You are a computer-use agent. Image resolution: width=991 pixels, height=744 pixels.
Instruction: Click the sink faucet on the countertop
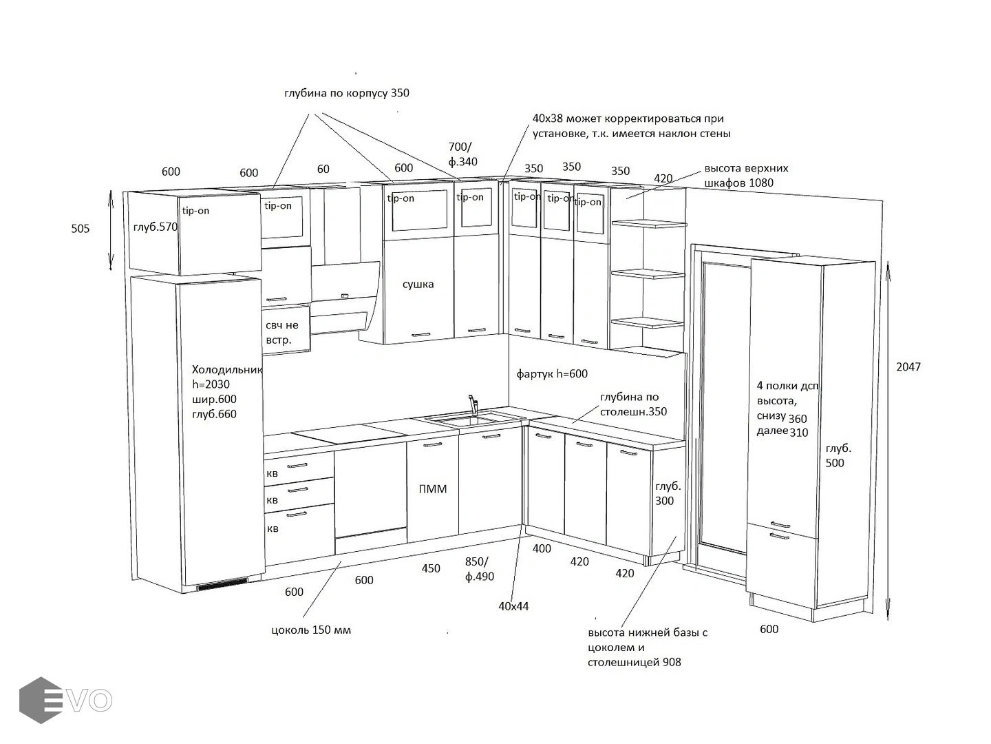[473, 405]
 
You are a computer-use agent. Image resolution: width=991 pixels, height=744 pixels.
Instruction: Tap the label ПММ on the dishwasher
[433, 489]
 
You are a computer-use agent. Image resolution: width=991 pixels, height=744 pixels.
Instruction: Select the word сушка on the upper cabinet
[418, 284]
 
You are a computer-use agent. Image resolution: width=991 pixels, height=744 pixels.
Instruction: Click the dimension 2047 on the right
[908, 367]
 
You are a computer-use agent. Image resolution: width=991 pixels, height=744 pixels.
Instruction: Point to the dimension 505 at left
[81, 229]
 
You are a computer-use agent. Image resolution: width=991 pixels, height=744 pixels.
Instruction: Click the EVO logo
[66, 700]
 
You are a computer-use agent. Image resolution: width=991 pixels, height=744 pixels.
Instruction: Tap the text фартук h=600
[552, 374]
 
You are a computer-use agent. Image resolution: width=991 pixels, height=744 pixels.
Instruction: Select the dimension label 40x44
[514, 606]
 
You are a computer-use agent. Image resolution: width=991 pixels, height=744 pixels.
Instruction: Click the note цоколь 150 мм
[311, 630]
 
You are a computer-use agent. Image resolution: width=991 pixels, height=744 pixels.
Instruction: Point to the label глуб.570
[156, 227]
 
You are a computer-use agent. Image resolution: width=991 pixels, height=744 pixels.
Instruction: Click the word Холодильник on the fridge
[227, 369]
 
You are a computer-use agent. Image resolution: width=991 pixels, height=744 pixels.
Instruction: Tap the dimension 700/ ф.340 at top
[462, 154]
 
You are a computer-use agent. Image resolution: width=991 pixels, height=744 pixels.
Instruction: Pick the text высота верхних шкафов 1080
[747, 176]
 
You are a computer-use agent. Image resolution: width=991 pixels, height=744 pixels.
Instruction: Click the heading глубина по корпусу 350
[347, 92]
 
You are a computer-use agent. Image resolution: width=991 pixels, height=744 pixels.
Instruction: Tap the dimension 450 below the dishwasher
[431, 569]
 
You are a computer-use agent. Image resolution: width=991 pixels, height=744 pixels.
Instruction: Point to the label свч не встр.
[282, 333]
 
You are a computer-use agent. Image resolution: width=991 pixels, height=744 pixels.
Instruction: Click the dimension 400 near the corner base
[542, 548]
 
